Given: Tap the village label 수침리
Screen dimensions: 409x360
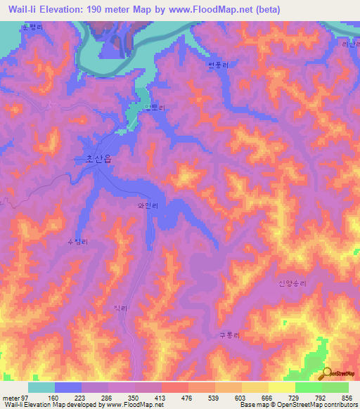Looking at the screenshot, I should point(77,242).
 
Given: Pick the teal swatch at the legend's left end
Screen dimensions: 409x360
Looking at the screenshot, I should point(41,387).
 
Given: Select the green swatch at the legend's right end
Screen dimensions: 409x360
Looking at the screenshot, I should point(335,387).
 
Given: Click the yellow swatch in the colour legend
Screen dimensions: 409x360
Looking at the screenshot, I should point(282,387).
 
